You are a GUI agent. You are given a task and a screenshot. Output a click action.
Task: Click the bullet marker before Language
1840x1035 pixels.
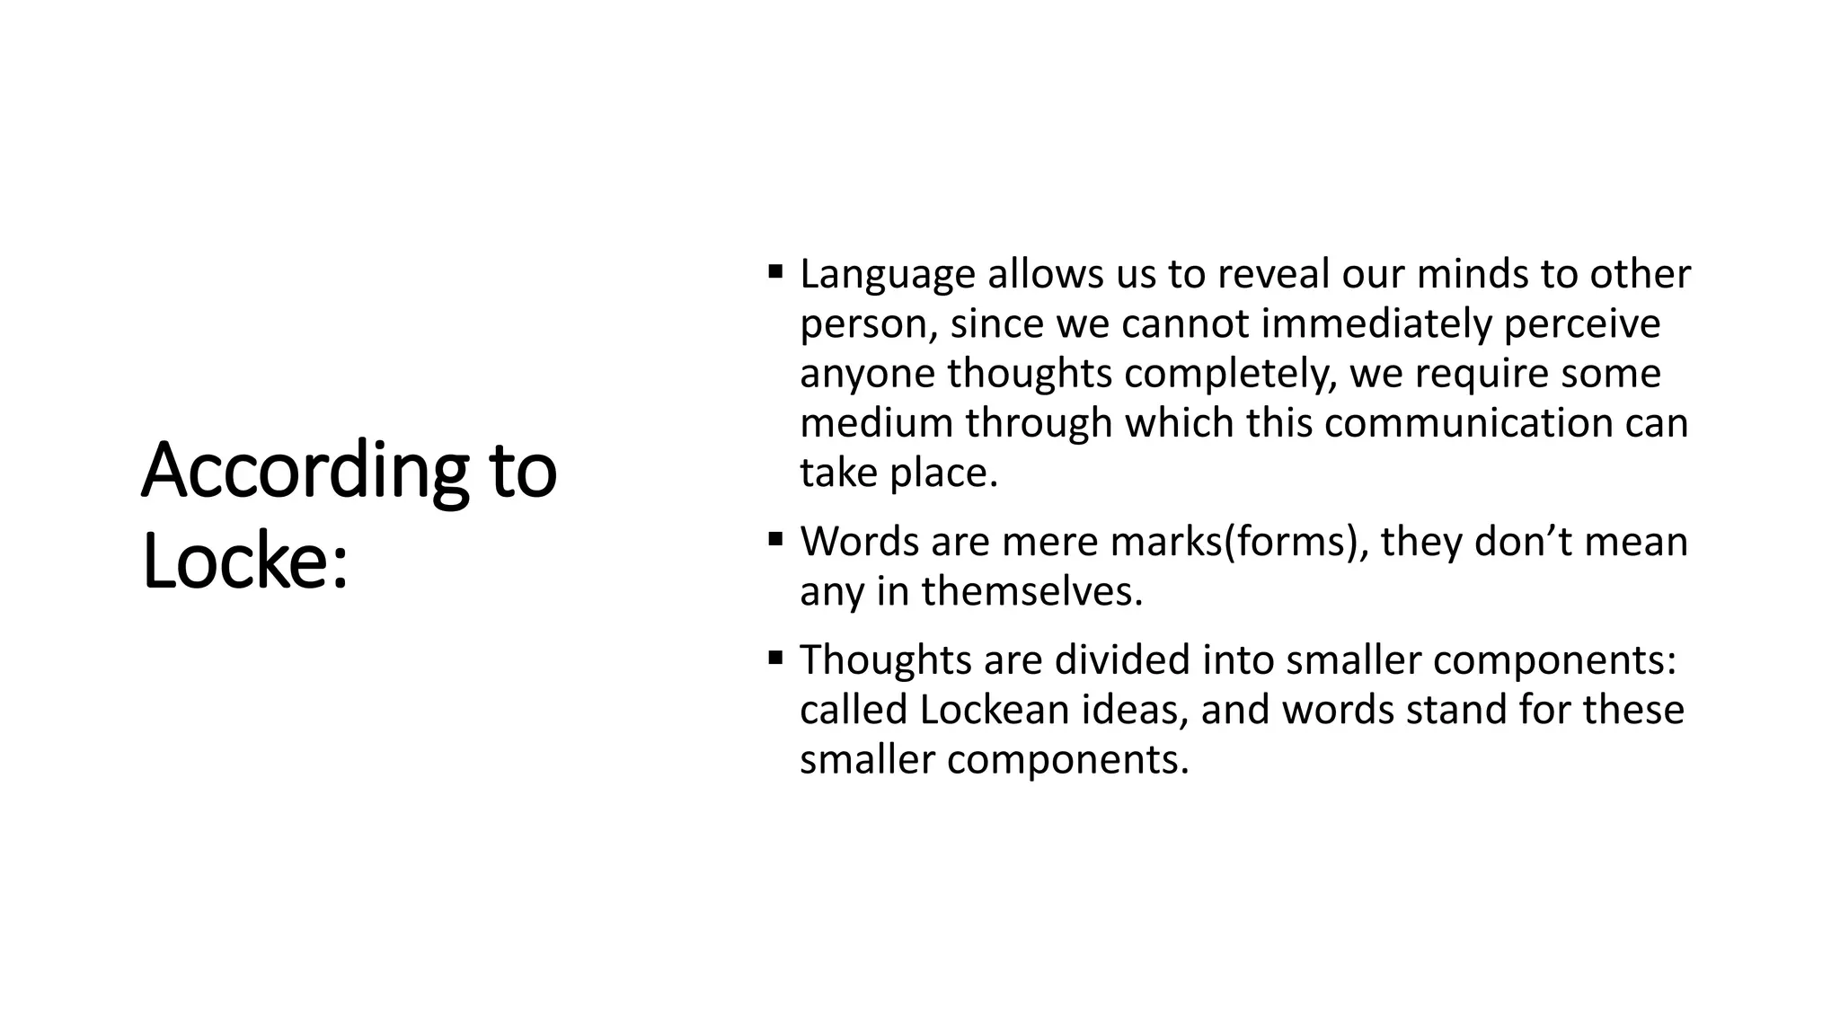(776, 270)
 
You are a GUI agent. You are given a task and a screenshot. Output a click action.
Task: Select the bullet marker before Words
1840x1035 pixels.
(776, 538)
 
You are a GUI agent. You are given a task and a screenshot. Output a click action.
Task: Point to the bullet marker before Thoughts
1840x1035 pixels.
(776, 657)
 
